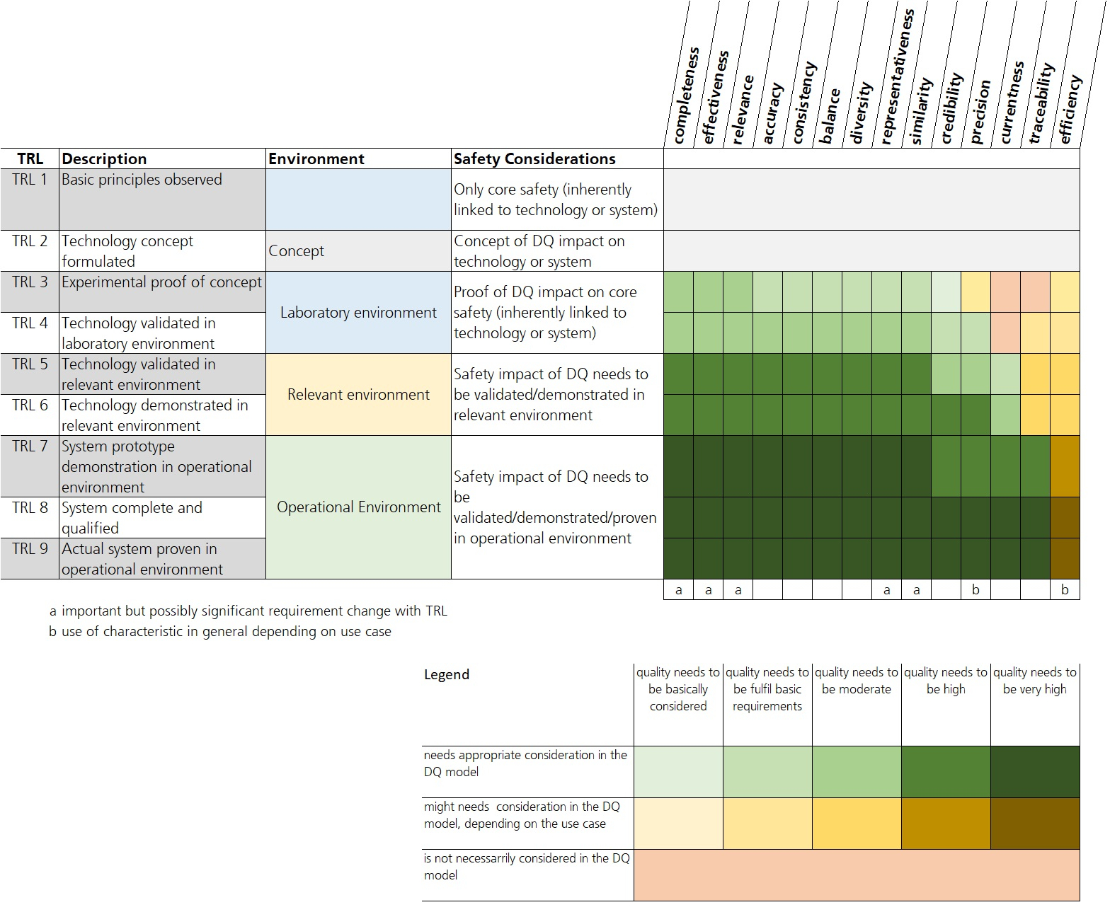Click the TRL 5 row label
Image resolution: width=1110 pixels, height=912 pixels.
tap(30, 364)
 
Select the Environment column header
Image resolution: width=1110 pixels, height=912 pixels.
tap(316, 159)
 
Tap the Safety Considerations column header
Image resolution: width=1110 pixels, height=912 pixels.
tap(534, 159)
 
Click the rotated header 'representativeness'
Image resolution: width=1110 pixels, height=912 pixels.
tap(897, 78)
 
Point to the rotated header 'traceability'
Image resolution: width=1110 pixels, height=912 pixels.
tap(1042, 103)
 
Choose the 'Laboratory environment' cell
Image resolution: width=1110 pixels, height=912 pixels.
tap(358, 313)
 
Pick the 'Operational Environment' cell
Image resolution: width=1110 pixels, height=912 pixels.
tap(358, 507)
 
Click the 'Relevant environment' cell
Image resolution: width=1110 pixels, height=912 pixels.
tap(358, 395)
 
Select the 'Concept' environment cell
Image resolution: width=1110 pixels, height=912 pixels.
tap(297, 251)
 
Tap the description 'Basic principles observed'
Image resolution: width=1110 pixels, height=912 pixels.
tap(142, 180)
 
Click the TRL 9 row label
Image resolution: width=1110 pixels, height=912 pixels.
tap(30, 549)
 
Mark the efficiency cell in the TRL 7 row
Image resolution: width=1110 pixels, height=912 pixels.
tap(1065, 466)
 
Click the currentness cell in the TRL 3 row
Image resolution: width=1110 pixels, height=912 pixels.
tap(1005, 292)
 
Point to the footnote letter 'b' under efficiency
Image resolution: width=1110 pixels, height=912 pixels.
tap(1065, 590)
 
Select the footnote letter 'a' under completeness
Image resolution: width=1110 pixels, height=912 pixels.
tap(678, 590)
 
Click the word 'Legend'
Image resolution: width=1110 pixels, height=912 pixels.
tap(447, 675)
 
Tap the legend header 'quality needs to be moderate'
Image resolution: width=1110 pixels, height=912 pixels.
tap(857, 681)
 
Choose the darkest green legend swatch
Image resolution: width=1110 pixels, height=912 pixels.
tap(1035, 772)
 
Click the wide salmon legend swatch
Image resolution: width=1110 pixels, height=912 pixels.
tap(857, 875)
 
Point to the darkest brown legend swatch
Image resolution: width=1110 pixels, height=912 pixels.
tap(1035, 824)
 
